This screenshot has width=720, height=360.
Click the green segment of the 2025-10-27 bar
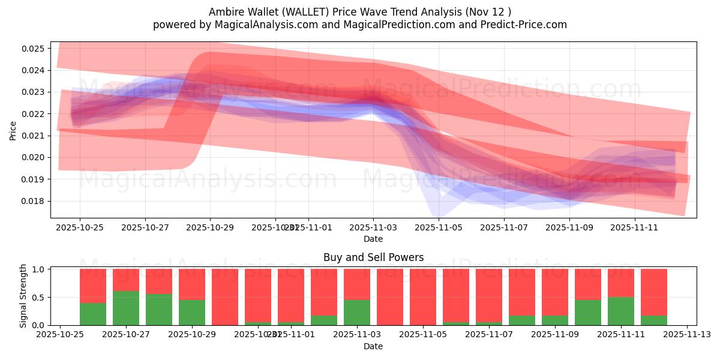tap(126, 308)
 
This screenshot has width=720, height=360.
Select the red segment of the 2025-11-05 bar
tap(423, 296)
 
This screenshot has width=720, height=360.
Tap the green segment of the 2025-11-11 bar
tap(621, 311)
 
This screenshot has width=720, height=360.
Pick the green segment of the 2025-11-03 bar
tap(357, 312)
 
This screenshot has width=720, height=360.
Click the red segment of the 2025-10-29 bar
tap(192, 284)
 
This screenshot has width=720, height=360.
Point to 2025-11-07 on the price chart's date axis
tap(504, 227)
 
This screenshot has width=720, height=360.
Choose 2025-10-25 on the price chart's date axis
tap(80, 227)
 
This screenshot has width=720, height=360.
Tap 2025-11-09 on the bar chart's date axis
tap(555, 335)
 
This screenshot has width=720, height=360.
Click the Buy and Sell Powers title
tap(373, 257)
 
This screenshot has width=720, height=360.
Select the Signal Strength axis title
tap(23, 296)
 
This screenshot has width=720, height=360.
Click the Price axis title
tap(13, 130)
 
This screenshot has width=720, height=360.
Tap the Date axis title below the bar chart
tap(373, 346)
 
